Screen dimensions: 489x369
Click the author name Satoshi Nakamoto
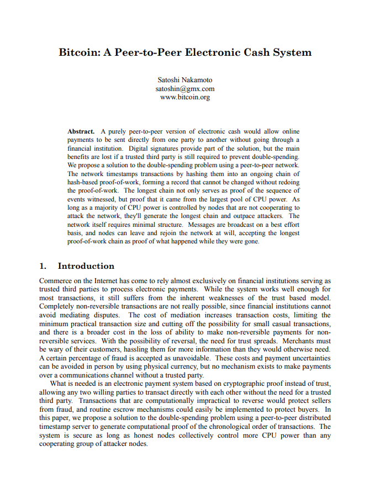(184, 80)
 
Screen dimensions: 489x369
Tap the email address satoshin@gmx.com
(184, 88)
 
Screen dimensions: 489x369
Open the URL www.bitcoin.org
(184, 97)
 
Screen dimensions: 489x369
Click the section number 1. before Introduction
(43, 266)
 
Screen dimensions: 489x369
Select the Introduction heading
(86, 266)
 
